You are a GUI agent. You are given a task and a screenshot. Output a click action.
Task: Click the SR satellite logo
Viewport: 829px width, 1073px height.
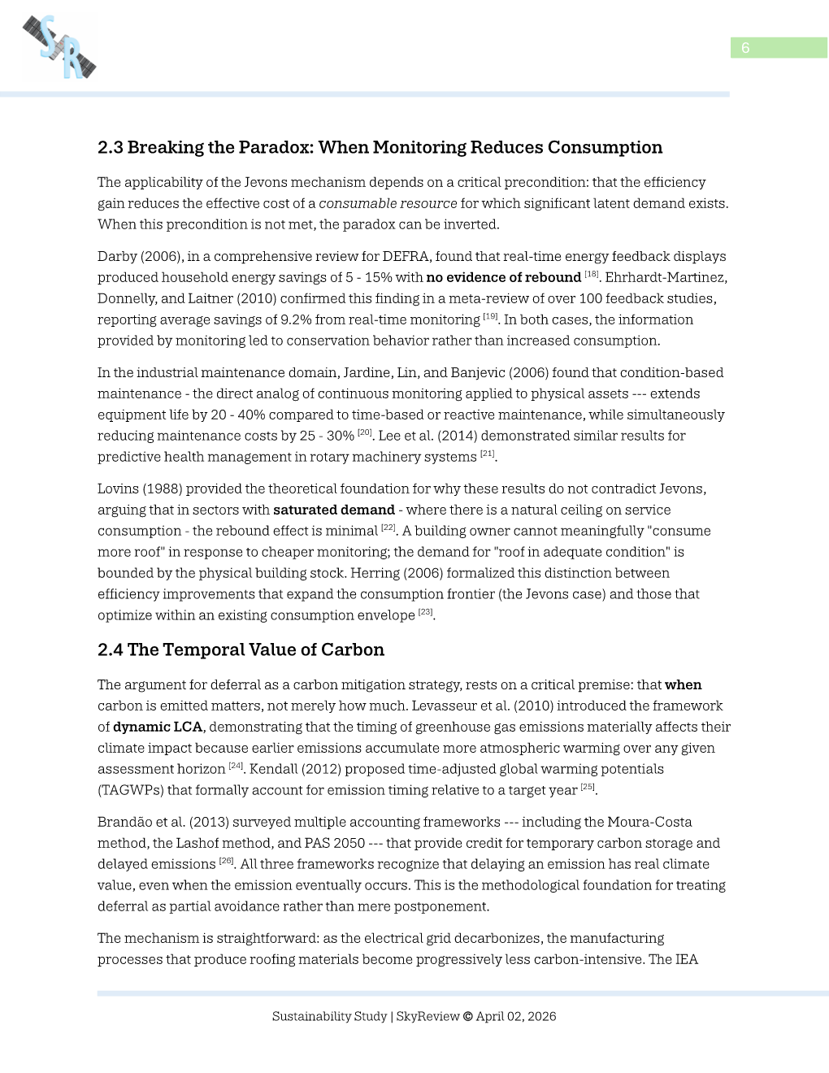(x=59, y=47)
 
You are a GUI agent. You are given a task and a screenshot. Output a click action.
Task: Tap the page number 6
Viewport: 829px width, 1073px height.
(x=745, y=48)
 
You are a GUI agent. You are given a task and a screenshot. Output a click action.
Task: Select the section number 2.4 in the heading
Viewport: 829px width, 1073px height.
(x=111, y=649)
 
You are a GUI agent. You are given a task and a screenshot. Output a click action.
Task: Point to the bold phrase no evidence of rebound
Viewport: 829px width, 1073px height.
(x=503, y=277)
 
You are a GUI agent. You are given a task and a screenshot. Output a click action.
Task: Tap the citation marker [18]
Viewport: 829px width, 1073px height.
(x=591, y=275)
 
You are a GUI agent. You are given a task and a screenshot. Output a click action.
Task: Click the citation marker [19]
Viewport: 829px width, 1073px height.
(x=490, y=316)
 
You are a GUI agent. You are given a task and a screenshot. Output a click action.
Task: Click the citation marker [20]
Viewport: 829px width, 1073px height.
(x=364, y=432)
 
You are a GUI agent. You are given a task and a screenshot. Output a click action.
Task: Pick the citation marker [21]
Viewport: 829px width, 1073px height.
(x=487, y=454)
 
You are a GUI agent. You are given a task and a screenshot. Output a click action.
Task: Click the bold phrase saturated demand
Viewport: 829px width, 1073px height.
(x=333, y=510)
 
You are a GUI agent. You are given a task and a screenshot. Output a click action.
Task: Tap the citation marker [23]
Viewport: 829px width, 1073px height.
(x=425, y=612)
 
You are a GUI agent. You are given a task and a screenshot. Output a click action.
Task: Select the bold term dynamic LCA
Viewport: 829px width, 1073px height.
(x=158, y=727)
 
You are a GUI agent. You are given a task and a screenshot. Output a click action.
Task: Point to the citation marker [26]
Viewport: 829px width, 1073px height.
(x=226, y=861)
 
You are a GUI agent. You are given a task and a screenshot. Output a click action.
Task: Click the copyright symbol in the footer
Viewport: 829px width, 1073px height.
(x=467, y=1016)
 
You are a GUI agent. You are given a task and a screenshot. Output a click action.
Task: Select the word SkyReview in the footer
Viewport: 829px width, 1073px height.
(x=428, y=1016)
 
